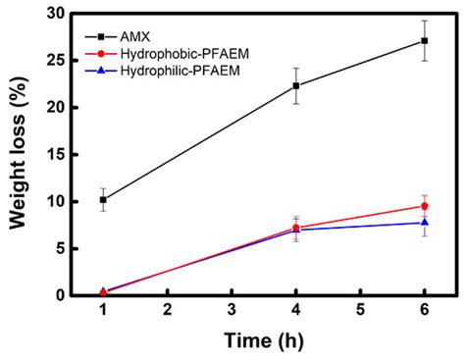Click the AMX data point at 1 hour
coord(103,199)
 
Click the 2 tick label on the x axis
coord(168,310)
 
